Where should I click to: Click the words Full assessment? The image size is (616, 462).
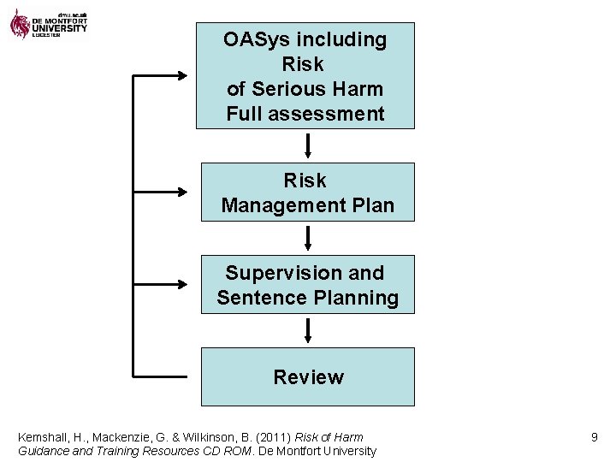(x=305, y=114)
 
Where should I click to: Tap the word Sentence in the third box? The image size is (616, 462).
(x=254, y=298)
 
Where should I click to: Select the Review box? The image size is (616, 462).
(x=308, y=376)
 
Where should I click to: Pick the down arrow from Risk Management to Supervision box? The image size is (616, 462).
(x=308, y=238)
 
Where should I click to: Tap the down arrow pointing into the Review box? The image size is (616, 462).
(x=308, y=330)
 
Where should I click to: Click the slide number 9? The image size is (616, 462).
(x=594, y=437)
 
